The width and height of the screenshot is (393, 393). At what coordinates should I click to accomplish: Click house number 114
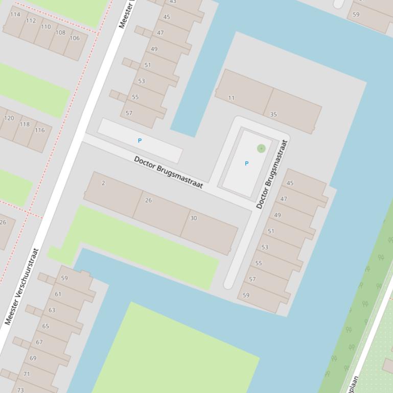coord(15,15)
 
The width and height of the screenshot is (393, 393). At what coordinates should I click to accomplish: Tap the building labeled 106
coord(75,38)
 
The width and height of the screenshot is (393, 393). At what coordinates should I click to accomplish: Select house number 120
coord(9,118)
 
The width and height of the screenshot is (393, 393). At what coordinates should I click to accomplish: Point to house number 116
coord(40,130)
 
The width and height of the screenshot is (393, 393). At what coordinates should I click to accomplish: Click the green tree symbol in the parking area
coord(261,149)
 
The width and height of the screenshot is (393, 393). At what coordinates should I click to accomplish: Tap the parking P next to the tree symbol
coord(246,164)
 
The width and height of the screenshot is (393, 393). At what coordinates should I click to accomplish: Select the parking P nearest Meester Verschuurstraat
coord(140,140)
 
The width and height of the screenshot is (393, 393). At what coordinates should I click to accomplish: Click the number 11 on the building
coord(232,98)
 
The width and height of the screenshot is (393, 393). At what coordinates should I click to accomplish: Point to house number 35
coord(273,114)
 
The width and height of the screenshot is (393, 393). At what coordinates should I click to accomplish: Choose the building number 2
coord(103,183)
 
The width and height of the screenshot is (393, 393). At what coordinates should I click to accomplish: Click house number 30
coord(193,218)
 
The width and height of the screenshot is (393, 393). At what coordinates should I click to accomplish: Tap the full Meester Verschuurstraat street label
coord(21,287)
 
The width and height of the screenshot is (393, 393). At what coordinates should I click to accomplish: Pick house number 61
coord(58,294)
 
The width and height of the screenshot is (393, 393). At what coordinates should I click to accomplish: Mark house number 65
coord(45,326)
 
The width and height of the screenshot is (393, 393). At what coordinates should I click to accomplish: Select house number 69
coord(33,358)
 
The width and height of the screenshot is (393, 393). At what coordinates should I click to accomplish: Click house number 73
coord(20,390)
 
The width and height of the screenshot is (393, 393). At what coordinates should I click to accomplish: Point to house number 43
coord(173,2)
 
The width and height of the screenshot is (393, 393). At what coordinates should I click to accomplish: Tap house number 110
coord(46,27)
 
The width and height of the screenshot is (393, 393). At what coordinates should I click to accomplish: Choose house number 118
coord(25,124)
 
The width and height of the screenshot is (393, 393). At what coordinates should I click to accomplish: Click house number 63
coord(52,310)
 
